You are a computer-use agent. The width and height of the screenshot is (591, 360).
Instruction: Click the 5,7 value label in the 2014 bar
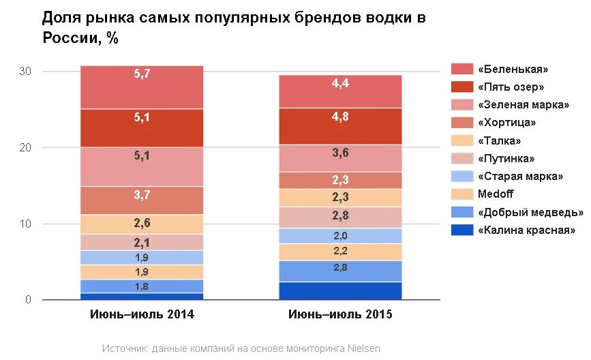(x=142, y=74)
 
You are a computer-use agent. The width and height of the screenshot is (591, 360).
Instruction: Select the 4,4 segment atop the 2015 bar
(x=340, y=84)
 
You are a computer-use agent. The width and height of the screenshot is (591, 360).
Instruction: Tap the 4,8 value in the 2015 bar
(x=340, y=117)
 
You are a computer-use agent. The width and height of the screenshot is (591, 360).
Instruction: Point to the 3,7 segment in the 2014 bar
(x=142, y=195)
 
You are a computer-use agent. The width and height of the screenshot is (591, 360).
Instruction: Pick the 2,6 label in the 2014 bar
(x=142, y=222)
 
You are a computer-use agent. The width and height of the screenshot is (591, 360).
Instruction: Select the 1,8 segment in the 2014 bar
(x=142, y=286)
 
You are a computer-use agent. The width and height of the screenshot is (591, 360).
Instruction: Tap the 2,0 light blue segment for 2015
(x=340, y=236)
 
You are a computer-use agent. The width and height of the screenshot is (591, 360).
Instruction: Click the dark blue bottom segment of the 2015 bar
(x=340, y=291)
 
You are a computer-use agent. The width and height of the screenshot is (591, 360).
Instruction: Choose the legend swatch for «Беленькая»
(x=462, y=69)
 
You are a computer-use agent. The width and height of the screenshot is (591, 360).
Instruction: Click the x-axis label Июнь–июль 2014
(x=142, y=315)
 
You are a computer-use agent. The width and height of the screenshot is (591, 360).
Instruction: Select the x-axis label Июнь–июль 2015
(x=340, y=315)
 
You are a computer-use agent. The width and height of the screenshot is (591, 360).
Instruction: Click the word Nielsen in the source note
(x=362, y=348)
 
